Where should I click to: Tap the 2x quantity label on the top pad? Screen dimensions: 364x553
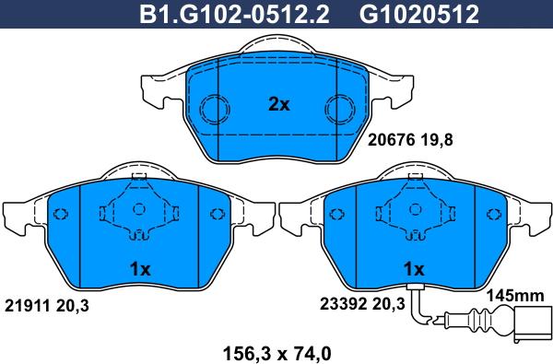point(277,105)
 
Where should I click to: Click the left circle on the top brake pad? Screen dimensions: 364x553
point(216,110)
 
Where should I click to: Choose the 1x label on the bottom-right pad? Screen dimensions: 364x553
point(412,270)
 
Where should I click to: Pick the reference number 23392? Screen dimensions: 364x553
point(341,305)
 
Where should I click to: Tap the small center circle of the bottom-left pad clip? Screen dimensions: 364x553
point(140,210)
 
